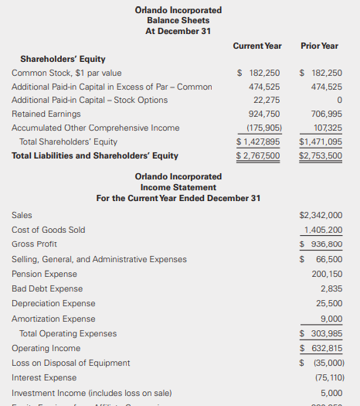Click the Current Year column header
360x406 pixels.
click(x=257, y=46)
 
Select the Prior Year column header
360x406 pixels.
click(x=319, y=46)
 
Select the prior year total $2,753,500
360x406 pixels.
click(x=320, y=155)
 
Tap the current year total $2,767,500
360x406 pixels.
click(x=258, y=155)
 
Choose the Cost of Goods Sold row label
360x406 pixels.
click(x=49, y=230)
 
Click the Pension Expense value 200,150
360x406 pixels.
click(x=327, y=274)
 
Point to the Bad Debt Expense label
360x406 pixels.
click(x=47, y=288)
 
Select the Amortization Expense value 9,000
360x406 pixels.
click(x=331, y=319)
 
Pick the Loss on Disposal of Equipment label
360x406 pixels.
click(x=71, y=363)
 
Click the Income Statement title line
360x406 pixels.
click(x=178, y=187)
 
